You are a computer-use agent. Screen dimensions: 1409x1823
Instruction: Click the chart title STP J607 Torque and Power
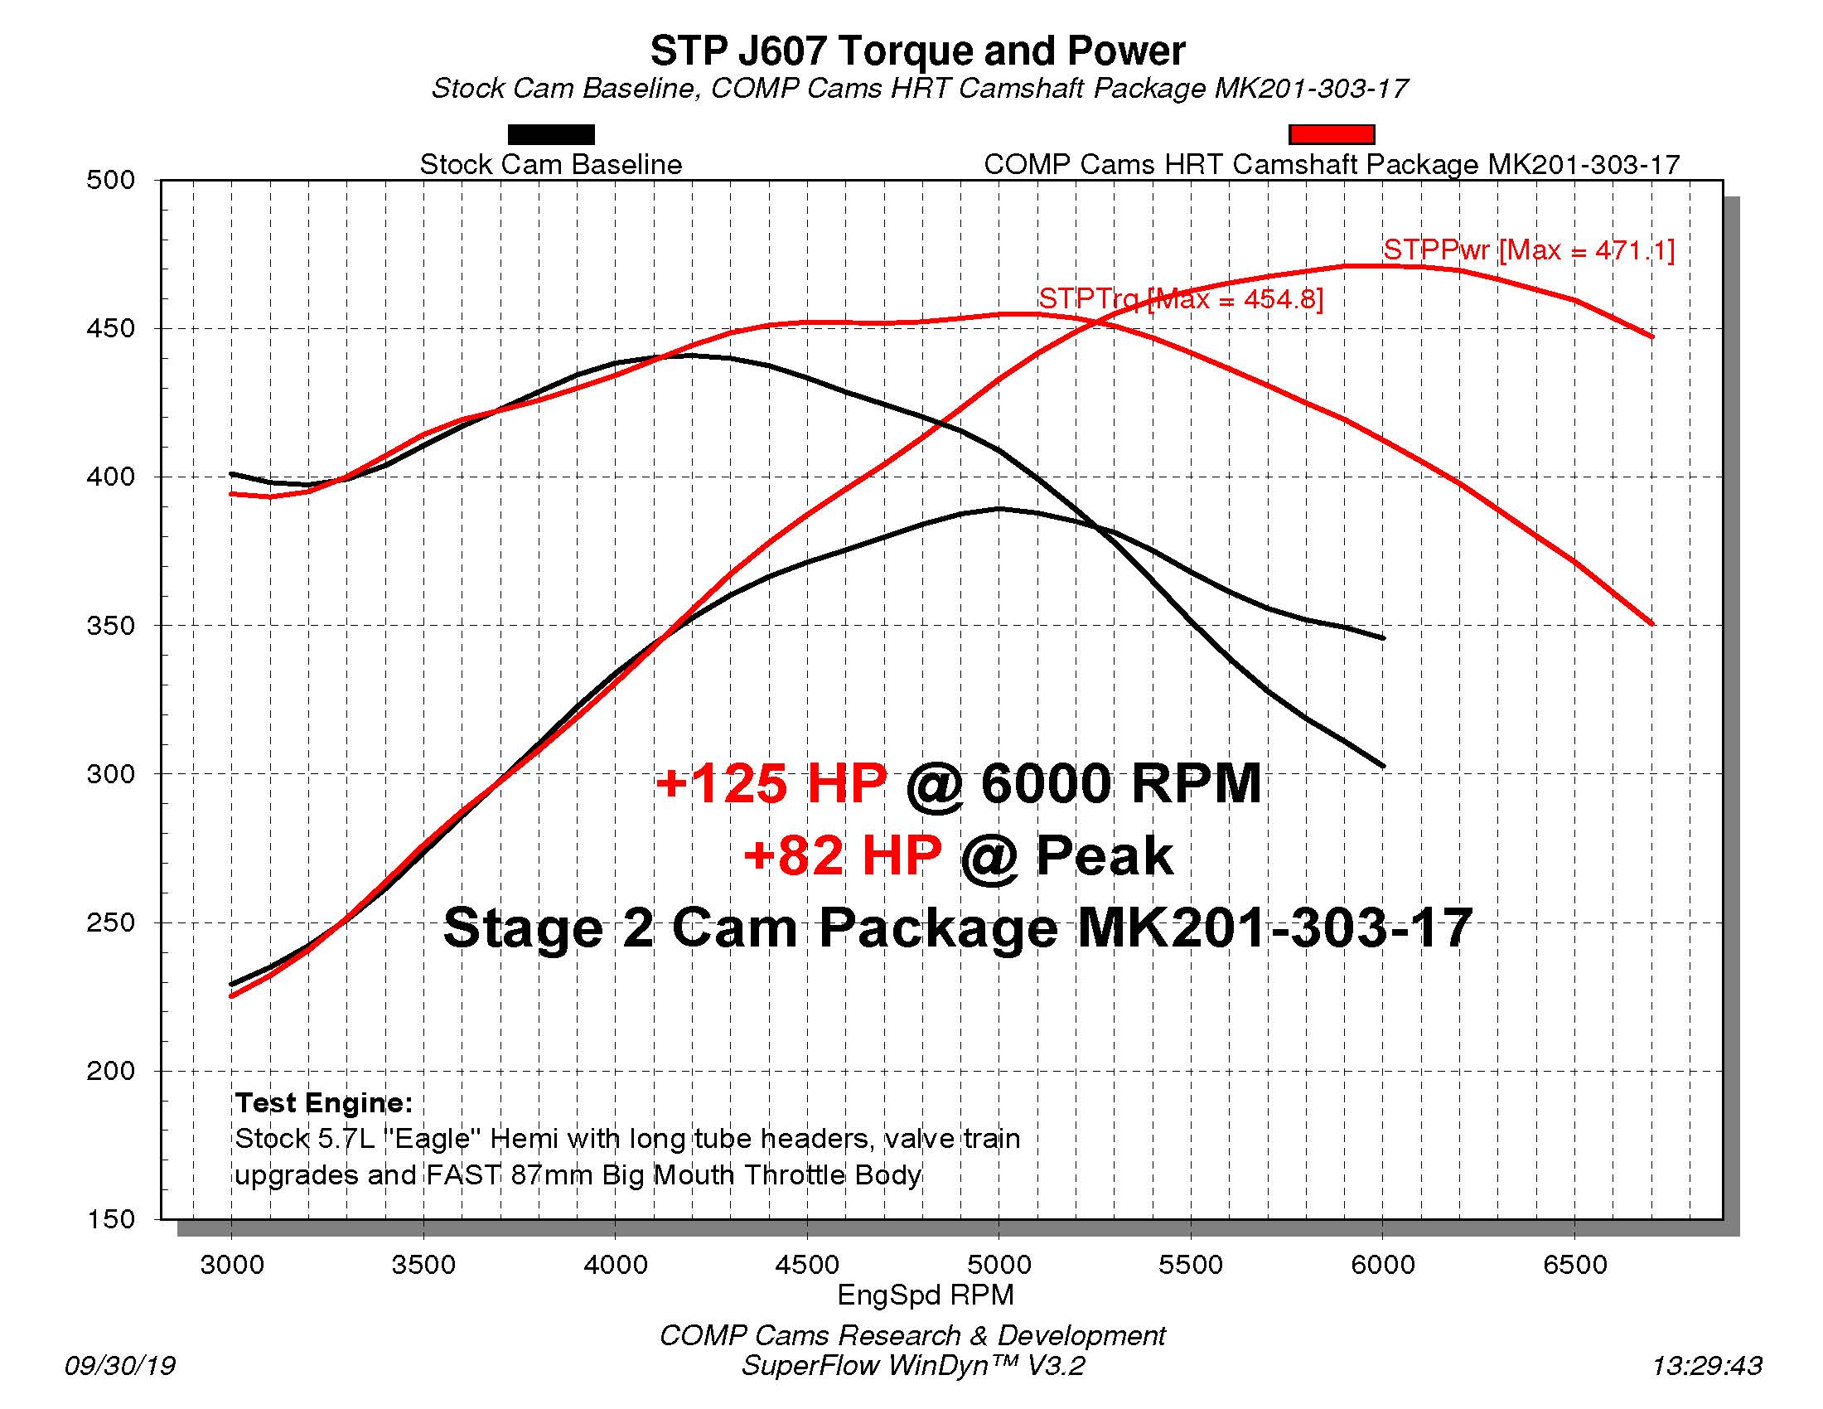(916, 51)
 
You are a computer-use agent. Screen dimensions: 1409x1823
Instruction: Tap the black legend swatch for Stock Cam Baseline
(551, 134)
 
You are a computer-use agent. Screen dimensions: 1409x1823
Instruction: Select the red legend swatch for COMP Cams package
(1332, 134)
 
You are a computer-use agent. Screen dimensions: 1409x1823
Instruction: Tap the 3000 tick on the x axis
(231, 1265)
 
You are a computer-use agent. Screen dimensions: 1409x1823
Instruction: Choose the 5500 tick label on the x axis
(1190, 1265)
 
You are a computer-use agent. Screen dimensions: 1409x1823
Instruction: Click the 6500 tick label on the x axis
(1574, 1265)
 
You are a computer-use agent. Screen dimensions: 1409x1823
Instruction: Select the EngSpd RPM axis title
(925, 1295)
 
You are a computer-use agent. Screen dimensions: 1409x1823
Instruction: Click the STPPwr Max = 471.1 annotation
(1528, 249)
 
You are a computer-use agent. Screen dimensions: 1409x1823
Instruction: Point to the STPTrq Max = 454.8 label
(1180, 298)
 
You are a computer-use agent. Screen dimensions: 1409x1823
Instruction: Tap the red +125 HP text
(770, 783)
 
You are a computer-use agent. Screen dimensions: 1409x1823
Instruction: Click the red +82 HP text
(841, 855)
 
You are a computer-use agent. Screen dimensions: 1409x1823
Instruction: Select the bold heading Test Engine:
(324, 1102)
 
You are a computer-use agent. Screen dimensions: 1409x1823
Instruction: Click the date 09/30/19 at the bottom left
(120, 1366)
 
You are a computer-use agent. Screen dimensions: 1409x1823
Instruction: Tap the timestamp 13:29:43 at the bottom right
(1706, 1366)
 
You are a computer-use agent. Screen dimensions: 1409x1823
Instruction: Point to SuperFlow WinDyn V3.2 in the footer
(912, 1366)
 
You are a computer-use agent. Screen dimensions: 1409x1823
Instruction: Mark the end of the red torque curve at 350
(1651, 623)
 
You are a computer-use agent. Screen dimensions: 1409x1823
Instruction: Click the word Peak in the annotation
(1104, 855)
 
